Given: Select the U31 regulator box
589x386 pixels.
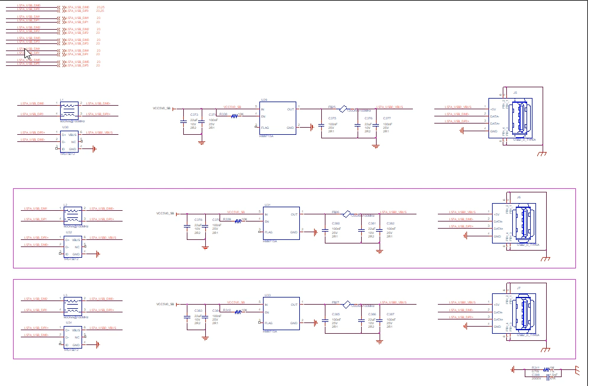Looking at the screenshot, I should coord(281,223).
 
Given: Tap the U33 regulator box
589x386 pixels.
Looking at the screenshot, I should coord(281,313).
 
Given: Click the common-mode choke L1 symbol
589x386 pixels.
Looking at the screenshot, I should coord(70,109).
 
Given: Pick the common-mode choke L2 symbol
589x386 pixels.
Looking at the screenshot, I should coord(73,214).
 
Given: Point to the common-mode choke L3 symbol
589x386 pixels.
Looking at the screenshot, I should coord(73,305).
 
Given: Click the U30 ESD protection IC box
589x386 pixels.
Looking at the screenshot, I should coord(70,141).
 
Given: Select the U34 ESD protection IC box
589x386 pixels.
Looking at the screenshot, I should coord(73,337).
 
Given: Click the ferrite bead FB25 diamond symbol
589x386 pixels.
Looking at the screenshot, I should coord(343,109).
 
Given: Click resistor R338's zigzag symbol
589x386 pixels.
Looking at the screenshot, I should coord(234,116).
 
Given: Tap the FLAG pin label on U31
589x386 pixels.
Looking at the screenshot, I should coord(270,232).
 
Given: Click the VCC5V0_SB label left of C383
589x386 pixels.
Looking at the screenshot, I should coord(165,303).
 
